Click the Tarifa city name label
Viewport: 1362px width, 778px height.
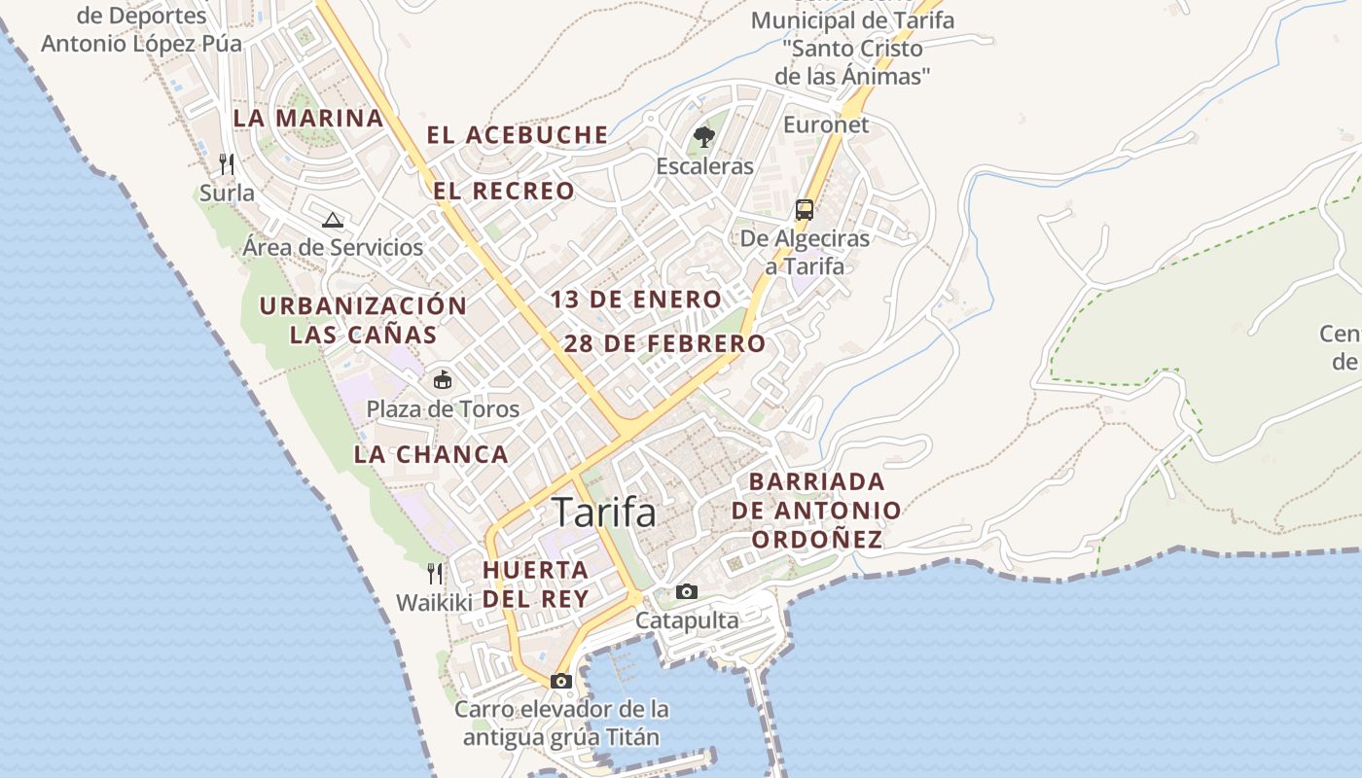604,513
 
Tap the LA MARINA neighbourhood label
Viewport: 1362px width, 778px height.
308,119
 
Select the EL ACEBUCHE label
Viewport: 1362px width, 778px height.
518,135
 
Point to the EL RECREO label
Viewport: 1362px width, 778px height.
504,192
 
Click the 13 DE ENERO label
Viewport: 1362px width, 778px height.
636,300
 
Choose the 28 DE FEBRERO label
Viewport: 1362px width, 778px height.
665,343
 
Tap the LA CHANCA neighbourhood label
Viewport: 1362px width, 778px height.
431,454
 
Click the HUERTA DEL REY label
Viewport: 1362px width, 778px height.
536,583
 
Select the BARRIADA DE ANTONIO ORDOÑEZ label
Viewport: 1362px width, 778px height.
816,511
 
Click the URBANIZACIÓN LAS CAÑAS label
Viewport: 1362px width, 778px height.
363,320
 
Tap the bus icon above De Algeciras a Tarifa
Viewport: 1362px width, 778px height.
805,209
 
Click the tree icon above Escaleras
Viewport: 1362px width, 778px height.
703,137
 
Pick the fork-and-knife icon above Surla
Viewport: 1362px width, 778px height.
227,162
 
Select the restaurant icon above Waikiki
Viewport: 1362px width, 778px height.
435,574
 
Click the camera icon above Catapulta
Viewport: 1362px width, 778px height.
687,591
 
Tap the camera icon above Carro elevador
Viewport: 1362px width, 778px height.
561,681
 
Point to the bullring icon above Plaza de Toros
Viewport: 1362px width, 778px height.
443,379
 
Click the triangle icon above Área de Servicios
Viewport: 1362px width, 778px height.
333,220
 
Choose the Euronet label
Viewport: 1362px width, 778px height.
826,124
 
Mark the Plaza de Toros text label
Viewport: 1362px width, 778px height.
443,409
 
